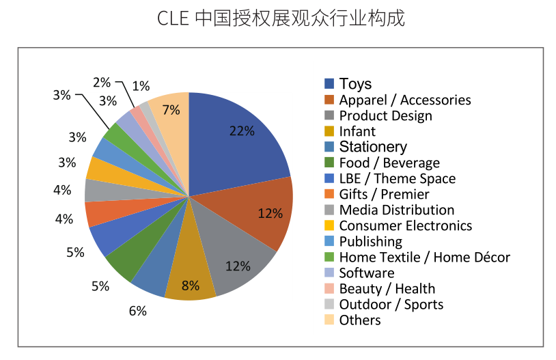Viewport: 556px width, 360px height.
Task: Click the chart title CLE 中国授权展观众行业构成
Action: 281,18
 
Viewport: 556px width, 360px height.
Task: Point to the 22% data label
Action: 242,131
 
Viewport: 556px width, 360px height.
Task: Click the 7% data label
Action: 171,109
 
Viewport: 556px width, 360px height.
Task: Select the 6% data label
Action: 137,311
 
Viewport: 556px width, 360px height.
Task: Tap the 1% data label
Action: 141,86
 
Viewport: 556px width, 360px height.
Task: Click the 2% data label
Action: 102,82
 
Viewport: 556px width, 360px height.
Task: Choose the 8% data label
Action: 191,286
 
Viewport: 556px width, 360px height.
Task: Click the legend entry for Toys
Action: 355,84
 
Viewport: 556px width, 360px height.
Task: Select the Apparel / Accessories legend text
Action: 404,100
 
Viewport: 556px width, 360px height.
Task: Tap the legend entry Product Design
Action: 385,115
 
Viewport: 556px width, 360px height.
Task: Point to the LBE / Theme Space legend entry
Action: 397,178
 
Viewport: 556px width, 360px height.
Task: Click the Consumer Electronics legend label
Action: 405,225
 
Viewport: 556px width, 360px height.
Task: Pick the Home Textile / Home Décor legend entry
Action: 424,257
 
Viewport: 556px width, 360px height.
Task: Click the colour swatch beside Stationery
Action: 329,147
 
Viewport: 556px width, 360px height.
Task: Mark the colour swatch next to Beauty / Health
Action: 329,288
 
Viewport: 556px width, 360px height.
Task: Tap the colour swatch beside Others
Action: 329,320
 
